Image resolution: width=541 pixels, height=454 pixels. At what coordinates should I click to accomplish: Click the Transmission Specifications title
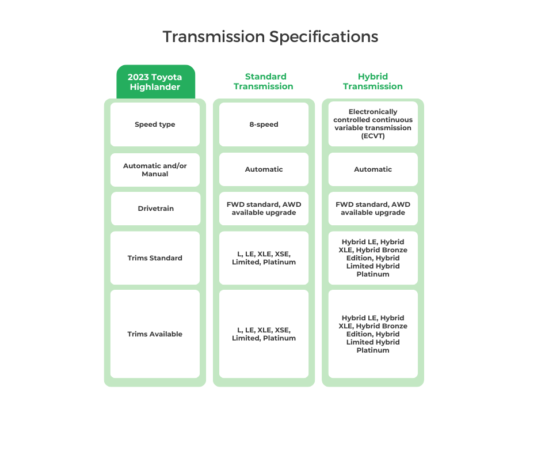(x=270, y=37)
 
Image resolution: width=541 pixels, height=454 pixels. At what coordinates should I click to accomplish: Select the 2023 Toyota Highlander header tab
(x=155, y=82)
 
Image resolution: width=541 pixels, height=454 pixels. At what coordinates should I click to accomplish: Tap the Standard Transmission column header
(x=264, y=82)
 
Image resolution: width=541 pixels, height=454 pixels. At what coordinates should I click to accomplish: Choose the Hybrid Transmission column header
(x=373, y=82)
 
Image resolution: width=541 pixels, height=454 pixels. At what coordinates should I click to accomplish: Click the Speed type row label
(x=155, y=124)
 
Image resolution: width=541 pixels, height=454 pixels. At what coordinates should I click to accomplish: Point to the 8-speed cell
(x=264, y=124)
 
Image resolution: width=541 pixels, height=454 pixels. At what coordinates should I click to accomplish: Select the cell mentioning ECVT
(x=373, y=124)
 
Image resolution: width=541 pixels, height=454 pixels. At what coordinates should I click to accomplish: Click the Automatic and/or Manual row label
(x=155, y=169)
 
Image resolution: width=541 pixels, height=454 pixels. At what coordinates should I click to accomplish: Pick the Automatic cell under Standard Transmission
(x=264, y=169)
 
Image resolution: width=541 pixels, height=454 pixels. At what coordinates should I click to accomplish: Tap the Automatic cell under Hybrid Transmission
(x=373, y=169)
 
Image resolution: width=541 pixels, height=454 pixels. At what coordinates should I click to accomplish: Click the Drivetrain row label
(x=155, y=209)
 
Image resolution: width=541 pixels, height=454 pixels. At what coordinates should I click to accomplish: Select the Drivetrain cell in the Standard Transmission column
(x=264, y=209)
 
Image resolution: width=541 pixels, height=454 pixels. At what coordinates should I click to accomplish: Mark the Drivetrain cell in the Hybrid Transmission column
(x=373, y=209)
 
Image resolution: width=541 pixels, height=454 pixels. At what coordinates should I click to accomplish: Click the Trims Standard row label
(x=155, y=258)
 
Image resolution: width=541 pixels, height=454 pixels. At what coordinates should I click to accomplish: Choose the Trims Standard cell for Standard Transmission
(x=264, y=258)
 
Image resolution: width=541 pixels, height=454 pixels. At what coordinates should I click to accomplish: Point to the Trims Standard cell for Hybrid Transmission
(x=373, y=258)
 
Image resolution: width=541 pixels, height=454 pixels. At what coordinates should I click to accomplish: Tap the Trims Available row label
(x=155, y=334)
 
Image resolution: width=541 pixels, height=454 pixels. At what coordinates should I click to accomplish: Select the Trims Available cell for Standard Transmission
(x=264, y=334)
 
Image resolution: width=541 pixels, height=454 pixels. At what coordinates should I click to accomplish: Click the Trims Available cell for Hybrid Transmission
(x=373, y=334)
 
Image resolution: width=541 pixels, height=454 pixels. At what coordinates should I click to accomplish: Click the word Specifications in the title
(x=324, y=37)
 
